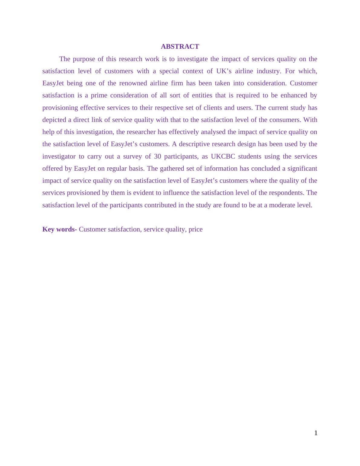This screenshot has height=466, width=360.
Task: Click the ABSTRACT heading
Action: coord(180,46)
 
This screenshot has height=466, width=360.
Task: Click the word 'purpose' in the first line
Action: coord(84,59)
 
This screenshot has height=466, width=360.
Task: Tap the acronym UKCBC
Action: coord(223,156)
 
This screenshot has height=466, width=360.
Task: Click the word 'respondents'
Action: coord(287,193)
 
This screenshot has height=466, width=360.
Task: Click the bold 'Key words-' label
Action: coord(60,229)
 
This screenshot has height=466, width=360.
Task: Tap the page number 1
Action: coord(316,433)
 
